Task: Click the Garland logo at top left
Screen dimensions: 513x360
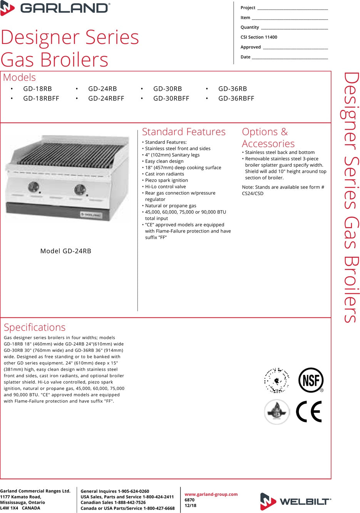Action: [x=55, y=8]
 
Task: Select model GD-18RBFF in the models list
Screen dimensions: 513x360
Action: [x=41, y=99]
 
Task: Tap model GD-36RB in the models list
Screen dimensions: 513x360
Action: [x=233, y=89]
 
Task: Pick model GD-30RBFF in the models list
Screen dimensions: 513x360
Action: [x=171, y=99]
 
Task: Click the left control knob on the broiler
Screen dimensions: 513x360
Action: [x=33, y=187]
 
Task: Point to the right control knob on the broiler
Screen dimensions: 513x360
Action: [x=80, y=189]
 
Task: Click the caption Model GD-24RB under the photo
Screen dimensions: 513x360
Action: [x=66, y=251]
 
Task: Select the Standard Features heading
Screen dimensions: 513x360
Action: [x=184, y=132]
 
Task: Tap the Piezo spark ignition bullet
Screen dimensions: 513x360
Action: [x=166, y=180]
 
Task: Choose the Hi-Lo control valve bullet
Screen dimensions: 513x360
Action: [x=165, y=187]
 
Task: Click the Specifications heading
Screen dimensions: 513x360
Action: [x=35, y=328]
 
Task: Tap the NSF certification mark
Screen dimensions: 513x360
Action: [x=311, y=380]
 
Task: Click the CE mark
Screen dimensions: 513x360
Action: [x=309, y=411]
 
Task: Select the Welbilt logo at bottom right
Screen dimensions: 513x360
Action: [x=295, y=501]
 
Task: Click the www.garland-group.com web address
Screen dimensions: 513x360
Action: [x=211, y=494]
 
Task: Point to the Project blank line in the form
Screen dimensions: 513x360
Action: [x=292, y=8]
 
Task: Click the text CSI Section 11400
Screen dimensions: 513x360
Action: [x=259, y=37]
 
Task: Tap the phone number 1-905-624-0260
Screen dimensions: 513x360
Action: [x=133, y=491]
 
